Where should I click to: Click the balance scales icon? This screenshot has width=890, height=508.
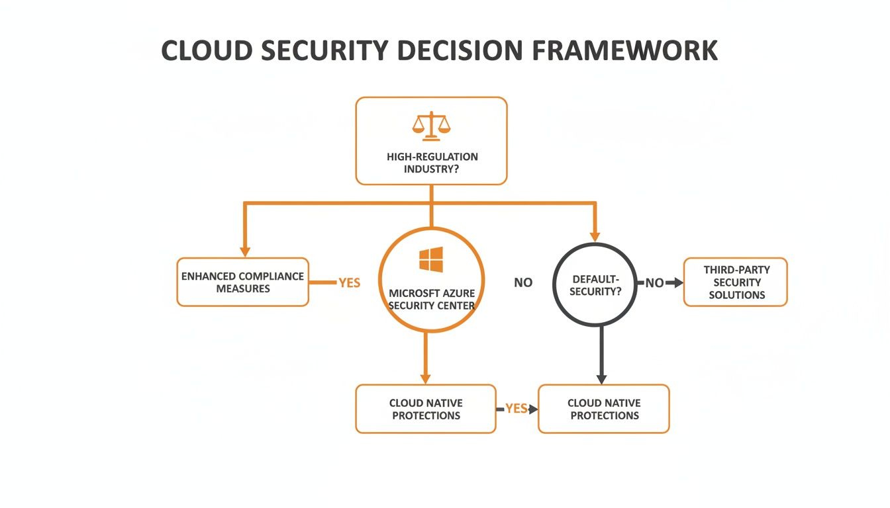[x=431, y=126]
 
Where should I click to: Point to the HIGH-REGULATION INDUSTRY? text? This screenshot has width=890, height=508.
[x=432, y=163]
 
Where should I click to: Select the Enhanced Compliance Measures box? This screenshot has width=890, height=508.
[x=242, y=282]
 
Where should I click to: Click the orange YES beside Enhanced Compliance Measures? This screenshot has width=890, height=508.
[x=349, y=283]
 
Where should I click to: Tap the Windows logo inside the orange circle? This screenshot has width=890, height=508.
[x=431, y=260]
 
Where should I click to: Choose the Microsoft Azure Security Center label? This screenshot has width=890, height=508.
[x=431, y=299]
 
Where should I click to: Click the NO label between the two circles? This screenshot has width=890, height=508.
[x=523, y=283]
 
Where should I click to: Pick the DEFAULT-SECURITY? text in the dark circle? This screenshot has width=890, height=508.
[x=595, y=285]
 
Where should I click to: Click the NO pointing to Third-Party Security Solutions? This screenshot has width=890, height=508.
[x=654, y=283]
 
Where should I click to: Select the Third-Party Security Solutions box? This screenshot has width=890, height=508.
[x=736, y=282]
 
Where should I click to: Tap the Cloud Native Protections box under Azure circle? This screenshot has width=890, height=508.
[x=426, y=409]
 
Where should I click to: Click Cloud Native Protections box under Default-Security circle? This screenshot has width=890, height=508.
[x=604, y=409]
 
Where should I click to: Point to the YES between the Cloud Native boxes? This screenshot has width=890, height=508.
[x=516, y=409]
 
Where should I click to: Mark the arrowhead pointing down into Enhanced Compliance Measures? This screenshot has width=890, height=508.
[x=245, y=252]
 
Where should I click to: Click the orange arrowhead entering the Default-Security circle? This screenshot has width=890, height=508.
[x=595, y=236]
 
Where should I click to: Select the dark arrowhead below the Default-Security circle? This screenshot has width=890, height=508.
[x=601, y=379]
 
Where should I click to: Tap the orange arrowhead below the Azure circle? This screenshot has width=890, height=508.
[x=425, y=378]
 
